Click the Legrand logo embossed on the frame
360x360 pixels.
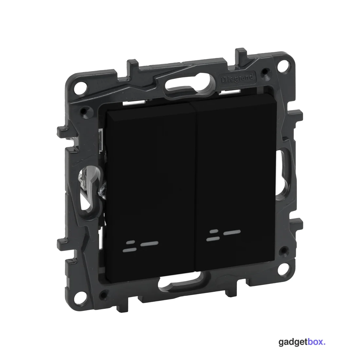click(237, 79)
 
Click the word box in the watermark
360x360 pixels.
click(315, 342)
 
